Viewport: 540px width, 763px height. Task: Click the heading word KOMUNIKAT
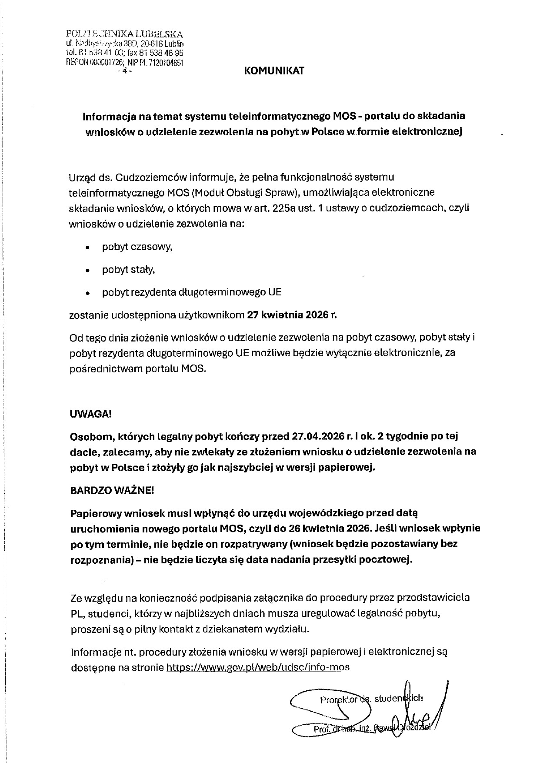274,71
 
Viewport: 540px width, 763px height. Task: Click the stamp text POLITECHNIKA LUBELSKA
124,34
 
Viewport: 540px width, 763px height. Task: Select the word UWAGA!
90,414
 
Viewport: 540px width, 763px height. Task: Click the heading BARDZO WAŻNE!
112,491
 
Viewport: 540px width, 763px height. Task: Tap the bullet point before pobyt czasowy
88,248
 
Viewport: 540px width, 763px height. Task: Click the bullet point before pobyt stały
88,271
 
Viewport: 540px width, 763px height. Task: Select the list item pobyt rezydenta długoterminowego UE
192,292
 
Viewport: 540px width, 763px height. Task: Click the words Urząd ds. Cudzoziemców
119,177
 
